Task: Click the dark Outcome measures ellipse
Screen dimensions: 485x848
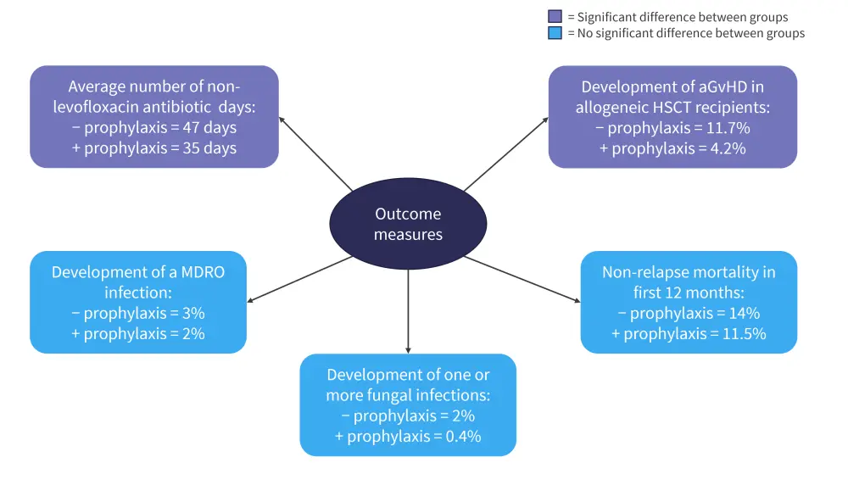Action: (x=408, y=223)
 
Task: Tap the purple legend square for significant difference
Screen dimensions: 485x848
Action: (x=555, y=17)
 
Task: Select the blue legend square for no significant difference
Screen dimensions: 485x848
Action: (x=555, y=33)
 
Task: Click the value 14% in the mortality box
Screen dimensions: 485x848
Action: (x=733, y=313)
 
